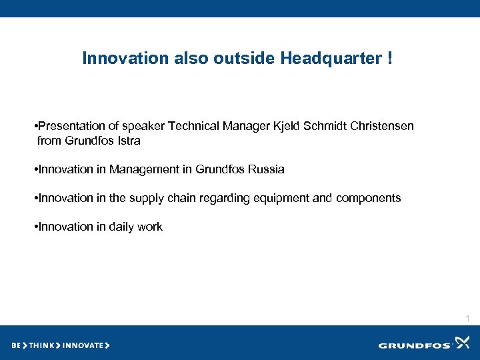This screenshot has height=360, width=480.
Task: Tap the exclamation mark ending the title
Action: coord(389,59)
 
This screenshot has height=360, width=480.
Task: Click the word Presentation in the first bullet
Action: coord(69,127)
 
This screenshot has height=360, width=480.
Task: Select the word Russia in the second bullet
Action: coord(266,169)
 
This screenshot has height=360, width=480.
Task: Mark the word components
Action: coord(368,198)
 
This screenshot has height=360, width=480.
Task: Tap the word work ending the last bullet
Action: coord(150,227)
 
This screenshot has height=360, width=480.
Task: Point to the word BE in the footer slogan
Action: coord(16,345)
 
